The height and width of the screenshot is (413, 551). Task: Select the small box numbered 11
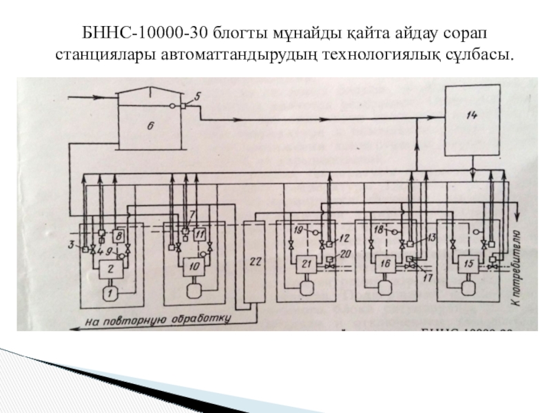(x=200, y=235)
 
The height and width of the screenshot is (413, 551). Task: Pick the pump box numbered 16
(x=384, y=262)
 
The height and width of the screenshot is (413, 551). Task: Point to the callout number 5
(x=197, y=96)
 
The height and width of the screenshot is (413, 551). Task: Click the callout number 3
(x=71, y=244)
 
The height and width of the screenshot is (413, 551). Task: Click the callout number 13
(x=432, y=237)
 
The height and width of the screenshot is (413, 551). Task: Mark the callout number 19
(x=298, y=228)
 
